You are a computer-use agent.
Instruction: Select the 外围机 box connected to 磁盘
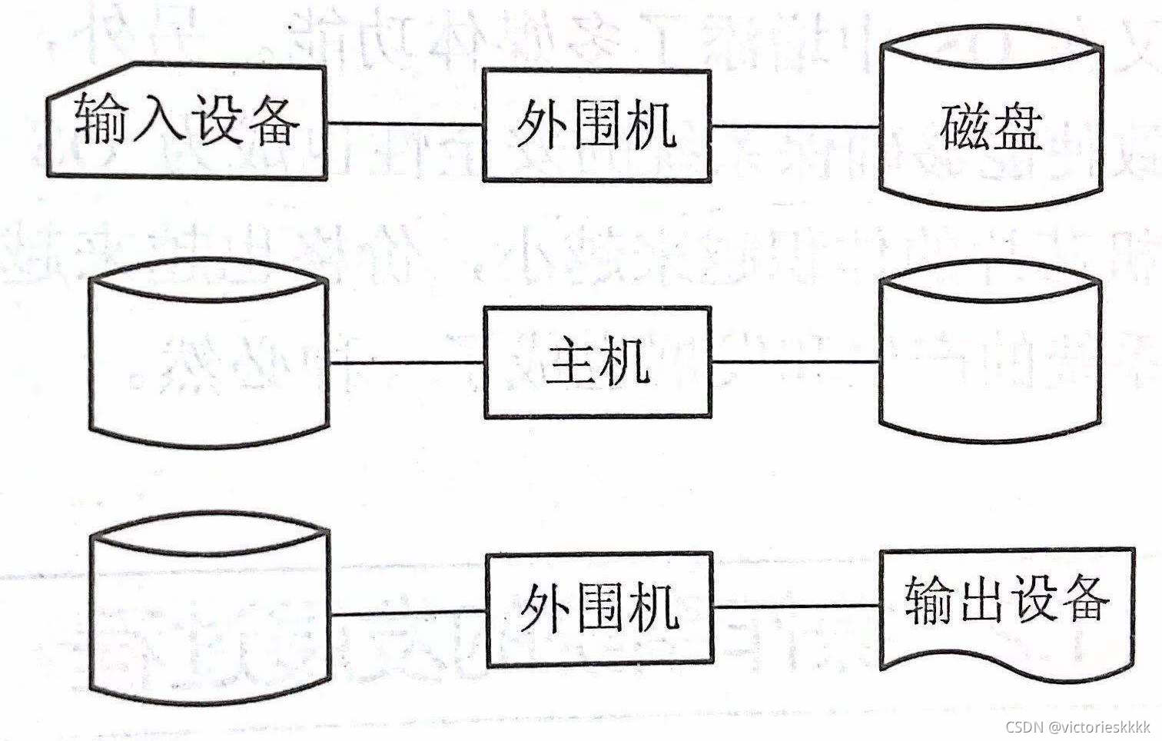(x=596, y=126)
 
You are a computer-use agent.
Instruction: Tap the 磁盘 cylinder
(x=991, y=126)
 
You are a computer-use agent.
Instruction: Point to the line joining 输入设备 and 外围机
(x=405, y=124)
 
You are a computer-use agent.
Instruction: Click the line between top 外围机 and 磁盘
(x=795, y=126)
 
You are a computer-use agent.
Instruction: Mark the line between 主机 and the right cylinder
(x=795, y=361)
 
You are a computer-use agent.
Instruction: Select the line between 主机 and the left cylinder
(x=407, y=361)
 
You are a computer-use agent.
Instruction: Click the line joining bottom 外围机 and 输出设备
(x=796, y=606)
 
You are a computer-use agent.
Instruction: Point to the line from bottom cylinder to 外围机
(x=409, y=613)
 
